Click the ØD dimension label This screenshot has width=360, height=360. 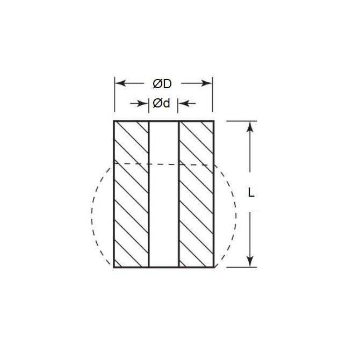click(x=162, y=84)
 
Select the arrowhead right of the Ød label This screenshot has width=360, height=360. click(x=183, y=103)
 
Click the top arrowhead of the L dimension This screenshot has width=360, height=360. click(x=250, y=126)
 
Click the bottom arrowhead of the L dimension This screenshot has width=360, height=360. click(x=250, y=262)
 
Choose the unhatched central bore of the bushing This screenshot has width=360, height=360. click(x=163, y=215)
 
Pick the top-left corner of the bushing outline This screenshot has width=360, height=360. click(x=114, y=121)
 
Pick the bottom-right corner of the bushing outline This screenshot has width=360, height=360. click(x=214, y=267)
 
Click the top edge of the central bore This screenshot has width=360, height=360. click(x=163, y=121)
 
